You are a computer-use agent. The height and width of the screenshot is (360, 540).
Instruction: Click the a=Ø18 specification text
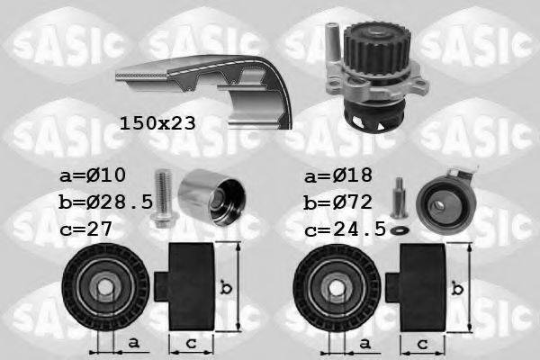coord(338,175)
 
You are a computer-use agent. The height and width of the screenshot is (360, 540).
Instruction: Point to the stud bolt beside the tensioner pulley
coord(399,197)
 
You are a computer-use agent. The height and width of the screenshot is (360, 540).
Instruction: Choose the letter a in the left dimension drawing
coord(133,343)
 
